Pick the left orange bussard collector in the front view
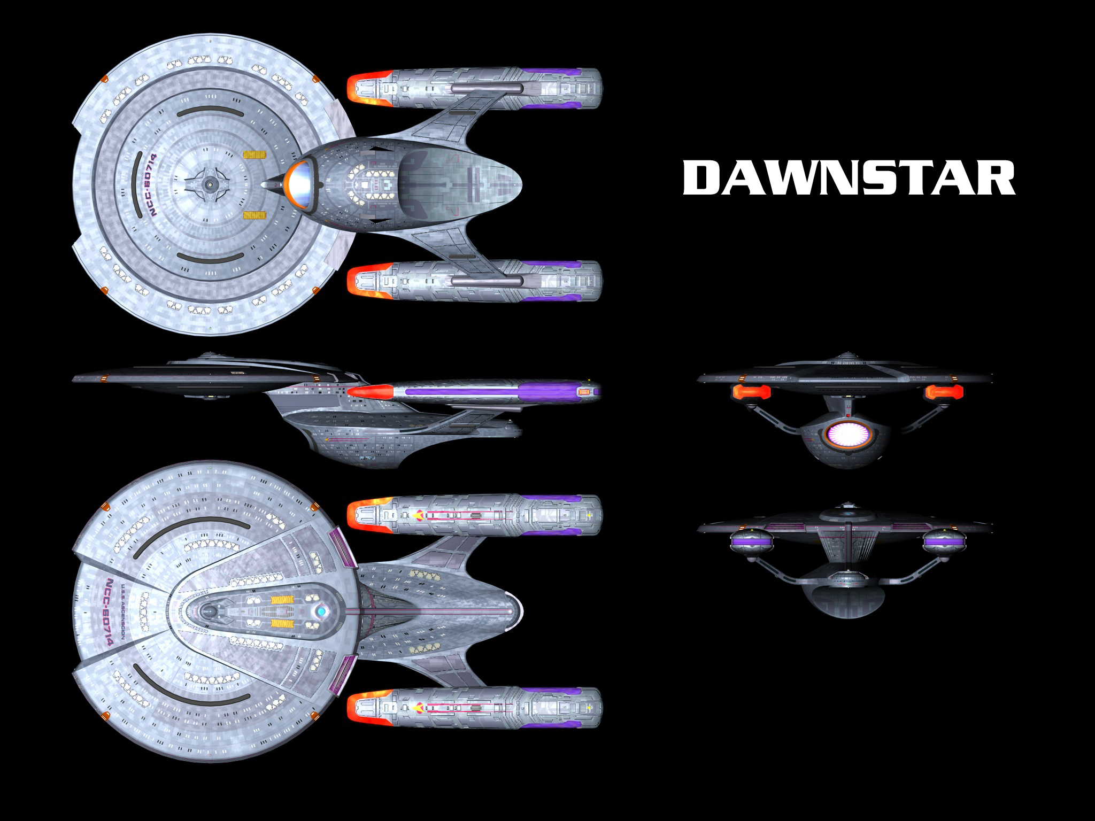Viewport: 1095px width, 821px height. coord(750,392)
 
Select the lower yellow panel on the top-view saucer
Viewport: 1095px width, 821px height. coord(255,215)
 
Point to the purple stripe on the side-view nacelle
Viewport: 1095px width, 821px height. coord(460,392)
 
